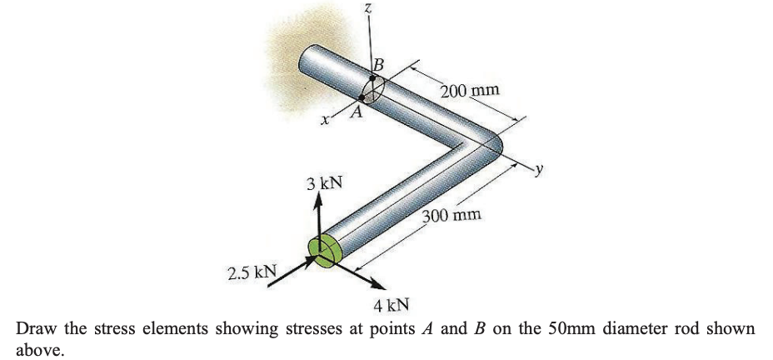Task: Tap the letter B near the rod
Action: tap(379, 63)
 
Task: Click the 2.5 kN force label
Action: tap(252, 272)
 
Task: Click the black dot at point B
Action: tap(373, 77)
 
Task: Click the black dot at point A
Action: tap(363, 97)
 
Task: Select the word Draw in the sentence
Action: tap(37, 327)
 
